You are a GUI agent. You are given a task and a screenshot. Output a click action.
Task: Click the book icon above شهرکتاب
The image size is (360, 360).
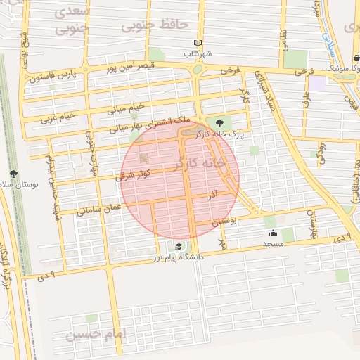pos(198,43)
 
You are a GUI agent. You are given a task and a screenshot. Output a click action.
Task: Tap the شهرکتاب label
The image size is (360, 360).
pos(198,53)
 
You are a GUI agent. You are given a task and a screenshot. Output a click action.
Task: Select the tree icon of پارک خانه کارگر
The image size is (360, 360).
pos(229,124)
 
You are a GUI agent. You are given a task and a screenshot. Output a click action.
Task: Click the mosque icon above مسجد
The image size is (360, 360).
pos(273,233)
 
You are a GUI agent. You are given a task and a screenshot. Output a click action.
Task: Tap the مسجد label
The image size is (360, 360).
pos(273,243)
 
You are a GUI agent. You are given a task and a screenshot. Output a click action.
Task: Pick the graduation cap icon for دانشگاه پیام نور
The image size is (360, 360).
pos(179,246)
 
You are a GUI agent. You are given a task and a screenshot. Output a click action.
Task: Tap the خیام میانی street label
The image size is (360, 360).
pos(126,109)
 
